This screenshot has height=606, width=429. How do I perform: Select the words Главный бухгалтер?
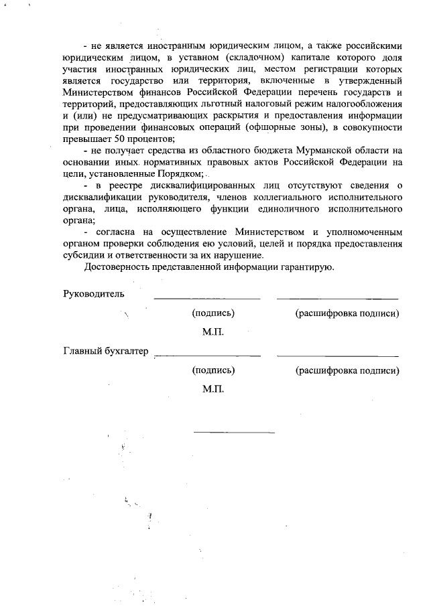(105, 350)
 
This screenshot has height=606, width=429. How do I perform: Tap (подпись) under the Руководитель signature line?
(213, 313)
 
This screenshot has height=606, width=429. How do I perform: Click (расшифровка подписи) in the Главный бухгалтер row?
(347, 370)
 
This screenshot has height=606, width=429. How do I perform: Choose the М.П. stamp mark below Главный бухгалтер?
(212, 389)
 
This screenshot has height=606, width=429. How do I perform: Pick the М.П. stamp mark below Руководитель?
(212, 332)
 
